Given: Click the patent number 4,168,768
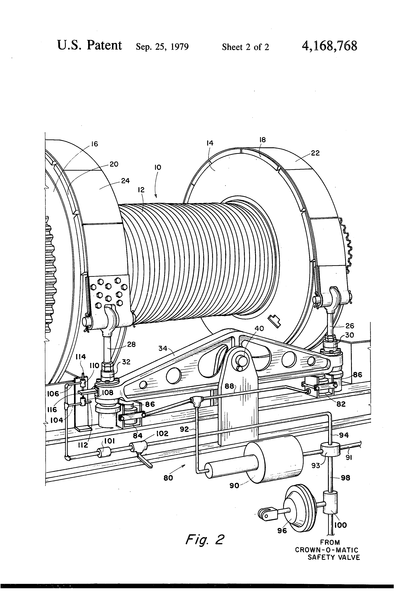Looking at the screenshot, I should coord(329,46).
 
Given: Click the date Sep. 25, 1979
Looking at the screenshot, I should coord(162,47).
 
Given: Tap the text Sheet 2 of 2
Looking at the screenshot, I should coord(245,47).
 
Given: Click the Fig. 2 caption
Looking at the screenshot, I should coord(205,540).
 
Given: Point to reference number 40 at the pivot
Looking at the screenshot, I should coord(259,328).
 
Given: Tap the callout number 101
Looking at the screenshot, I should coord(110,441).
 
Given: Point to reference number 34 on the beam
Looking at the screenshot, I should coord(163,348).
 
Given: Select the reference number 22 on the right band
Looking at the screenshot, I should coord(315,153).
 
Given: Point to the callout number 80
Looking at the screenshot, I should coord(168,478).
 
